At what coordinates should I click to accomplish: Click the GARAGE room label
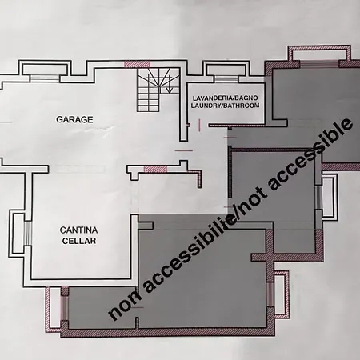coord(74,119)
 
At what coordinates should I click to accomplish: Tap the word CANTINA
coord(78,230)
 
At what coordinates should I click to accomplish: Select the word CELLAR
coord(79,241)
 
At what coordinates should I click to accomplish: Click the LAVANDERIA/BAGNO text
coord(225,98)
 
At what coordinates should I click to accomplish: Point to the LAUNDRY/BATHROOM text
coord(225,106)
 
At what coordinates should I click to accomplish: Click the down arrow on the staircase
coord(169,84)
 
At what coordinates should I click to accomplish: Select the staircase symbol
coord(158,90)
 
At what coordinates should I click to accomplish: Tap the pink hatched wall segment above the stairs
coord(137,64)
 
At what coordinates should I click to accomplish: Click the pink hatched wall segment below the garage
coord(155,169)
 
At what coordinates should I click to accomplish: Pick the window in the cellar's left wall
coord(28,233)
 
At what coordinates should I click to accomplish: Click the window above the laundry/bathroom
coord(226,79)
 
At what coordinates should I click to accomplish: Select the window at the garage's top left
coord(44,78)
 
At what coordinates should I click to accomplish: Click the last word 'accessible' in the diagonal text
coord(311,154)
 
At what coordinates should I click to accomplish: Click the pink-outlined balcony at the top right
coord(319,53)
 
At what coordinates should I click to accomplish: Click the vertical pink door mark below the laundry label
coord(200,125)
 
